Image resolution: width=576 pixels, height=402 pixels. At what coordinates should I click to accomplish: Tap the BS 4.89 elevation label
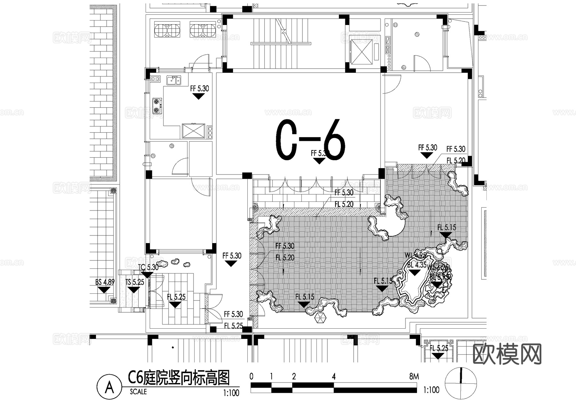tap(105, 282)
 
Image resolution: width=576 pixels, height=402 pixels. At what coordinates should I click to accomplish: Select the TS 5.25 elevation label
tap(134, 282)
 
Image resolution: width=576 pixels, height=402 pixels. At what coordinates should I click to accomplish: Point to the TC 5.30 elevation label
tap(148, 267)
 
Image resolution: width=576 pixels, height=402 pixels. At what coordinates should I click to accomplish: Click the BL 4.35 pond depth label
tap(417, 265)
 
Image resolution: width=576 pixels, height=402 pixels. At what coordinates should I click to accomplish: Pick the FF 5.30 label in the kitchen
tap(199, 89)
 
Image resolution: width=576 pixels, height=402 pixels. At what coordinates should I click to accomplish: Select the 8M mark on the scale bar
tap(414, 377)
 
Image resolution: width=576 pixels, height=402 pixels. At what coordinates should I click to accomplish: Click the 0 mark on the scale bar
tap(252, 377)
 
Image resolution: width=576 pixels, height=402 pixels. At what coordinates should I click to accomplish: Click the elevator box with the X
tap(361, 52)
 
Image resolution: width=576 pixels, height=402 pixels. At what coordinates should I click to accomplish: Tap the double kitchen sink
tap(173, 80)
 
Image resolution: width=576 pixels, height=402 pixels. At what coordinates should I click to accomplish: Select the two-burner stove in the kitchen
tap(156, 106)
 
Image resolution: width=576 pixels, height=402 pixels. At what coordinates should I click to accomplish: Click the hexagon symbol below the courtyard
tap(320, 318)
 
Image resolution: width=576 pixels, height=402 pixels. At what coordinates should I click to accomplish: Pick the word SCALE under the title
tap(138, 392)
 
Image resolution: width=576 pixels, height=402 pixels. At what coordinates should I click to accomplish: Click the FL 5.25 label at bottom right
tap(439, 348)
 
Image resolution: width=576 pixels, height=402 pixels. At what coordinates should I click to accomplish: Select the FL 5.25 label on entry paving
tap(176, 297)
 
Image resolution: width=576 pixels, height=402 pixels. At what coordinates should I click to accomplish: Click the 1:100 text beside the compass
tap(431, 390)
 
